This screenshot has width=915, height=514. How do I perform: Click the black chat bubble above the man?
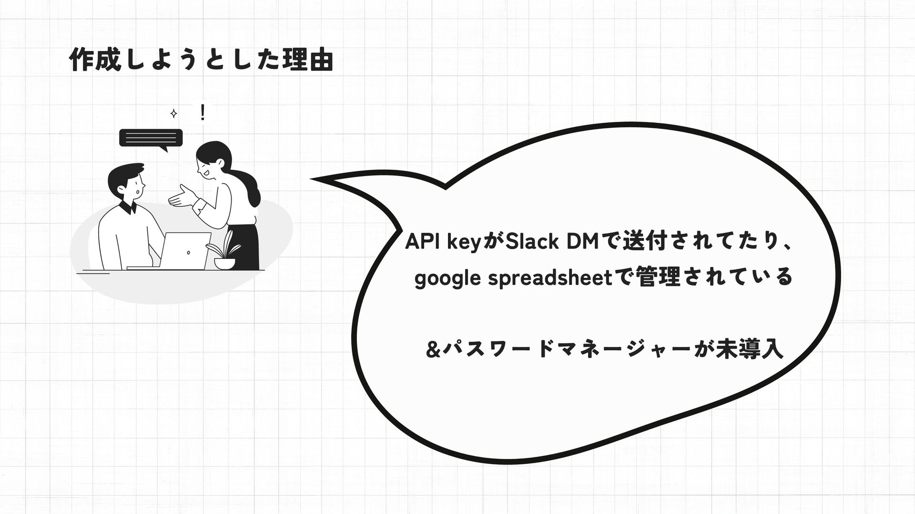tap(151, 138)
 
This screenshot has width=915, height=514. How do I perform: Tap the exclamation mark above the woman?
tap(203, 113)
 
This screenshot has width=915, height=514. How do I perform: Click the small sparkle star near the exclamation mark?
tap(174, 114)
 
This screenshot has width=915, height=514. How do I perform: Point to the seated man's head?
tap(127, 181)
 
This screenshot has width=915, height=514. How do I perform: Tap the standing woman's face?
tap(208, 164)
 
